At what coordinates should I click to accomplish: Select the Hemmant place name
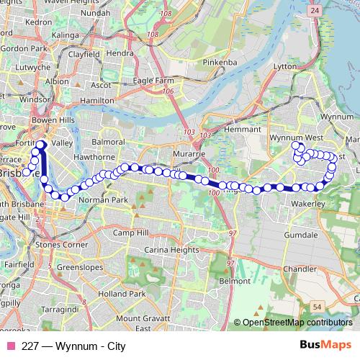coord(220,128)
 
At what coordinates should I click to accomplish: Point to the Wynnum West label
coord(291,137)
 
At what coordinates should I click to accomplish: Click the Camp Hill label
coord(130,233)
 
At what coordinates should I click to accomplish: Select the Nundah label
coord(96,12)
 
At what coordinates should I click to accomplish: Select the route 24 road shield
coord(315,11)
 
